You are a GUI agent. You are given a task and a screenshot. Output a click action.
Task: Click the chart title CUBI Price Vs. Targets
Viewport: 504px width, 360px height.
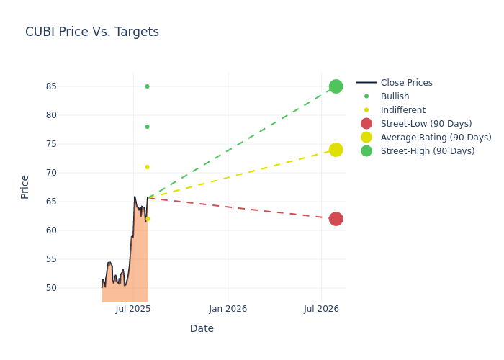[x=92, y=32]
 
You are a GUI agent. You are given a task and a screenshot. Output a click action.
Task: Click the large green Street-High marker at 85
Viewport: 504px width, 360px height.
[x=336, y=86]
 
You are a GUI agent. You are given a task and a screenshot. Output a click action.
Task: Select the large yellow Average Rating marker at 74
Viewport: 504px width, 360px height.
[x=336, y=150]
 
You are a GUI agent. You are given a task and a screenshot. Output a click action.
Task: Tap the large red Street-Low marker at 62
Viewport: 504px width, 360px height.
[x=336, y=219]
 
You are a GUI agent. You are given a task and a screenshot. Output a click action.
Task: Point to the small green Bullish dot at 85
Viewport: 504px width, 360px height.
[x=147, y=86]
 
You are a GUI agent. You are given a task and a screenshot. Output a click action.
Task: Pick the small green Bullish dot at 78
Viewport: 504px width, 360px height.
[x=147, y=127]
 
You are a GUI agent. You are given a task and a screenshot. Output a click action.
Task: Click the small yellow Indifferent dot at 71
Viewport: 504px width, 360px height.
[x=147, y=167]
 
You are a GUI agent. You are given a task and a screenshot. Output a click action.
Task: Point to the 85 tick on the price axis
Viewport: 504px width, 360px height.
[x=71, y=86]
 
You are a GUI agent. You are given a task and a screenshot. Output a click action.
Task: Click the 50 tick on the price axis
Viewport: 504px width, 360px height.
[x=71, y=288]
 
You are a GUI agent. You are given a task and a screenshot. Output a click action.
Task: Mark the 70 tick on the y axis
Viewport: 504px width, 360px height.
[x=71, y=173]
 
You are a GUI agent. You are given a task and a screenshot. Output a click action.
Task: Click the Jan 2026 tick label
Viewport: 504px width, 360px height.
[x=228, y=309]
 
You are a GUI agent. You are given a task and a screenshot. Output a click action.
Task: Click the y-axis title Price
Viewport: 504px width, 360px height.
[x=25, y=186]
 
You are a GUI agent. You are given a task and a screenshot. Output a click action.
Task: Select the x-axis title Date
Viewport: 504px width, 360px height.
[x=202, y=328]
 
